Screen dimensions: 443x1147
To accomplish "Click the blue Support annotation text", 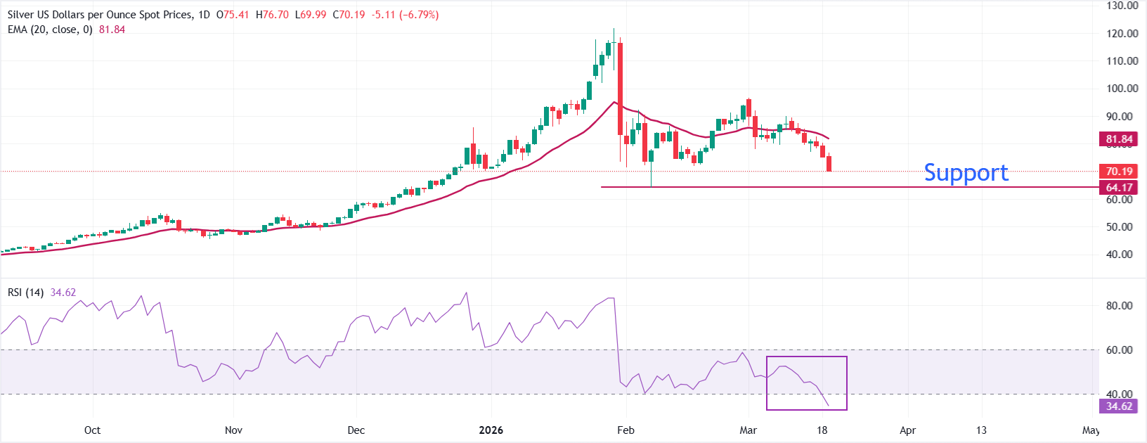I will [966, 172].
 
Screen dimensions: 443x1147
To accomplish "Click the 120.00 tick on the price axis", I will [1122, 33].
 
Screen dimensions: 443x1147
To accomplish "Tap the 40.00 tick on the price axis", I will [1122, 255].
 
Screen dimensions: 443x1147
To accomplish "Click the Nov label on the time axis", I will [233, 430].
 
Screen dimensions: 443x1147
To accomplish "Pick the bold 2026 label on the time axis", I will [491, 430].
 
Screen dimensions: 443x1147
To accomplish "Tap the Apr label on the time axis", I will [908, 430].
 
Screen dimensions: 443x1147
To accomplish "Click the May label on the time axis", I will [1091, 430].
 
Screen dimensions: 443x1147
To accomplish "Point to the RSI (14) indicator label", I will [25, 293].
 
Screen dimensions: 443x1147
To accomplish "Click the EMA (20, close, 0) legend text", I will [50, 30].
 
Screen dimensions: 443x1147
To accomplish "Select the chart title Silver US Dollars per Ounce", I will [98, 14].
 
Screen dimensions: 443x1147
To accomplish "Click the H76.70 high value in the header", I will [272, 14].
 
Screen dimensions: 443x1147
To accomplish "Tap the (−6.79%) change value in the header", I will [419, 14].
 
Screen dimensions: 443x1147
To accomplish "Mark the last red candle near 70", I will [829, 163].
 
